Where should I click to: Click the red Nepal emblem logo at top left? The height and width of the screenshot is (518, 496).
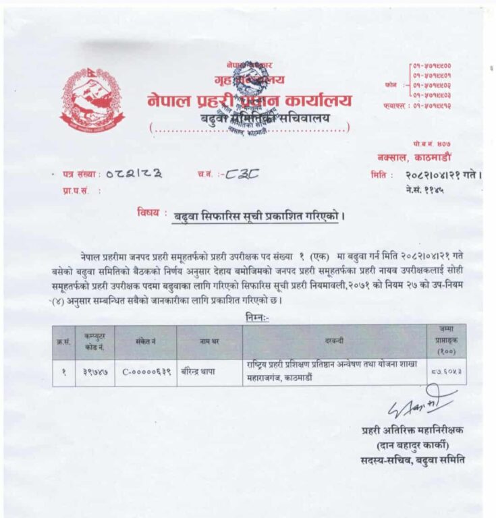point(92,100)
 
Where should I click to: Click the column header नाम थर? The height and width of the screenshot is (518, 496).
point(209,342)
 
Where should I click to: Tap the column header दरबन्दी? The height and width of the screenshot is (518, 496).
point(334,342)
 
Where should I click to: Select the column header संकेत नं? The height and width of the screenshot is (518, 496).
point(145,342)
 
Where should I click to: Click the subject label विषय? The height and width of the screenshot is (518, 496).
point(148,212)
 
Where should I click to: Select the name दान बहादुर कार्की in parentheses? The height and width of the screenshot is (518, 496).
point(413,445)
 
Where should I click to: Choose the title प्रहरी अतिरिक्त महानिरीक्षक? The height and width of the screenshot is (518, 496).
point(412,430)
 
